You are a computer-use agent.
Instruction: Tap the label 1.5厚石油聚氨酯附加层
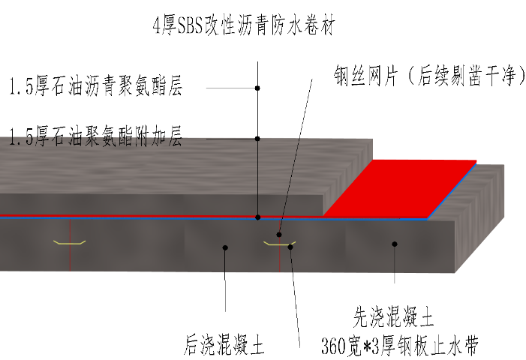[x=95, y=137]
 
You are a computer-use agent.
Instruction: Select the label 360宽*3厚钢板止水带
[x=399, y=347]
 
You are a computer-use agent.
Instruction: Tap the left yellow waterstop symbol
[x=69, y=242]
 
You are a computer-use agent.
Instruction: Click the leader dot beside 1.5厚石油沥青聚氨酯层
[x=257, y=88]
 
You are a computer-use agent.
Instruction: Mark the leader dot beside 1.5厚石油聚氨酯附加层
[x=257, y=138]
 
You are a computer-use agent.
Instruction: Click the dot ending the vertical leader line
[x=257, y=217]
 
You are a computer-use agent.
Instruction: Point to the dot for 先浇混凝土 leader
[x=395, y=244]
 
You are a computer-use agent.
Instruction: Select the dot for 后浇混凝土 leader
[x=225, y=247]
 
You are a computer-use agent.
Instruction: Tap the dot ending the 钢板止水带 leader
[x=290, y=247]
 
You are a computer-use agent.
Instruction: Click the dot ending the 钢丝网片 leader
[x=280, y=233]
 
